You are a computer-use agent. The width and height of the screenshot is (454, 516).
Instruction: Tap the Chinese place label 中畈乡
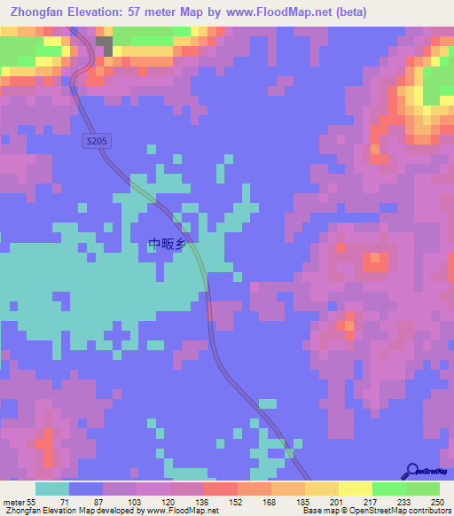pyautogui.click(x=166, y=245)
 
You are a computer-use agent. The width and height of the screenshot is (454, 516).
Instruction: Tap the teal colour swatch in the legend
pyautogui.click(x=52, y=489)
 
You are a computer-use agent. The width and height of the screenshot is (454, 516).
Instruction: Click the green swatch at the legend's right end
pyautogui.click(x=423, y=489)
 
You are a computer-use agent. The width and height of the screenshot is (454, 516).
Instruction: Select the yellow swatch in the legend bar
pyautogui.click(x=356, y=489)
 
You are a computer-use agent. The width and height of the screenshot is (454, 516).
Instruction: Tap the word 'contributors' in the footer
pyautogui.click(x=423, y=512)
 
